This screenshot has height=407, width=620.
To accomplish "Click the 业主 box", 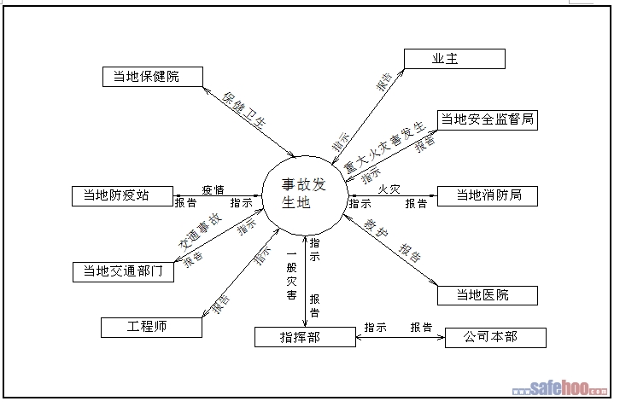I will (454, 58).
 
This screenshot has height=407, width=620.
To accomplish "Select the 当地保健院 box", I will (152, 77).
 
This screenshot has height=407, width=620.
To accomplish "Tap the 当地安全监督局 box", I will (487, 119).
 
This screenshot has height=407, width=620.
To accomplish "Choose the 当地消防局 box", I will (487, 195).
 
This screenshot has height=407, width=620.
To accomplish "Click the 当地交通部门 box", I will (123, 271).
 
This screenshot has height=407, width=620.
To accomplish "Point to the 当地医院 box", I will (487, 295).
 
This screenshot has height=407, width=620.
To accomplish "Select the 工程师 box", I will (151, 327).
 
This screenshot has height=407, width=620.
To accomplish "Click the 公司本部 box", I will (493, 337).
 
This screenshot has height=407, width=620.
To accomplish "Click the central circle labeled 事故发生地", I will (302, 195).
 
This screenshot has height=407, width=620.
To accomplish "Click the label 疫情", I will (213, 189).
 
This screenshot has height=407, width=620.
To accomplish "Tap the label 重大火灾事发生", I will (383, 145).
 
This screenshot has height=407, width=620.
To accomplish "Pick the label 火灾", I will (389, 189).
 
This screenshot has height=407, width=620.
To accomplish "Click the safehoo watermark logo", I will (567, 390).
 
